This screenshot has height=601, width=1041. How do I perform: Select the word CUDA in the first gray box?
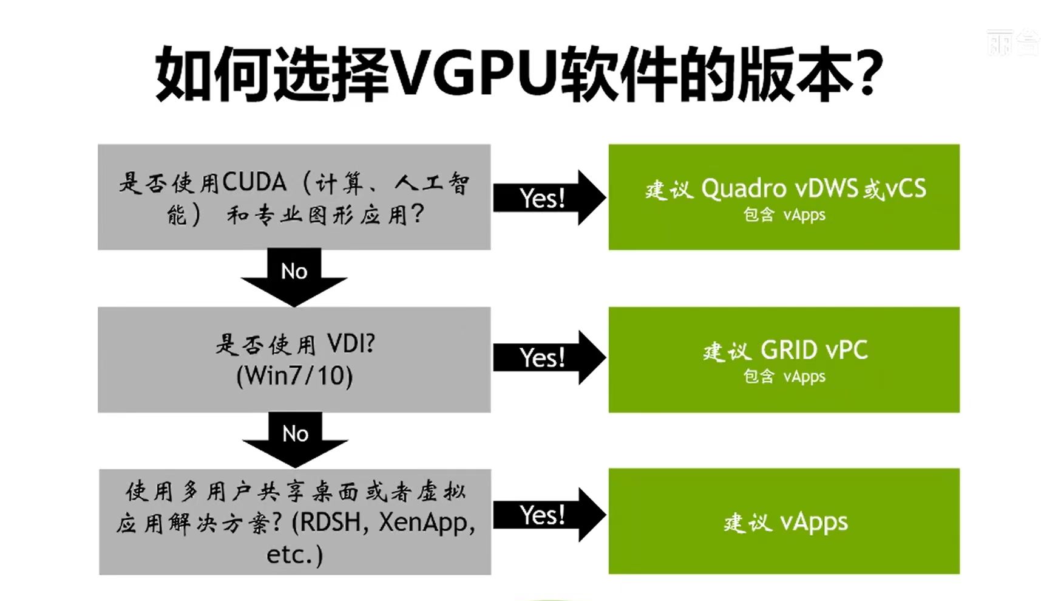(254, 182)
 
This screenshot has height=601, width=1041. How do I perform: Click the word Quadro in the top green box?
(744, 188)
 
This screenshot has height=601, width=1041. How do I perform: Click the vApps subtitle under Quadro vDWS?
(804, 215)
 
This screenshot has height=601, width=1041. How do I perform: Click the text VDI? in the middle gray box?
(351, 344)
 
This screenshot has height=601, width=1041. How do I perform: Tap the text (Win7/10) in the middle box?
(294, 376)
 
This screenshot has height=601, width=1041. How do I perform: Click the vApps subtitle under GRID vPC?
(804, 377)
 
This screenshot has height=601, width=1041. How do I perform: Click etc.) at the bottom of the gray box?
(294, 554)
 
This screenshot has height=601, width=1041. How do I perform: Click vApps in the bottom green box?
(814, 521)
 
